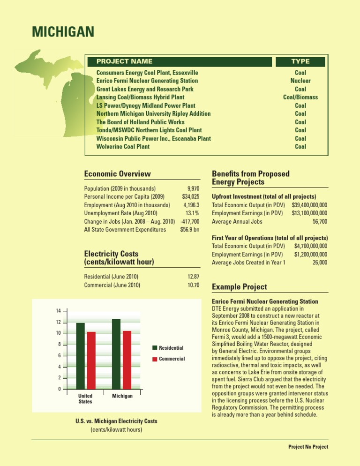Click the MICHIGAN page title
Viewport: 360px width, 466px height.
(63, 32)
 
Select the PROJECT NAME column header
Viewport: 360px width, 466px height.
(124, 61)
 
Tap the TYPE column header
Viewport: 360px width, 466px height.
(300, 61)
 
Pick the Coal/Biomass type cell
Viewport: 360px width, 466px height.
(300, 97)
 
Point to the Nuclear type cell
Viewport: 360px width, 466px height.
(300, 81)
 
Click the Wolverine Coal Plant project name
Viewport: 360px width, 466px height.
(123, 147)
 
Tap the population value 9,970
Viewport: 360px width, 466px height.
(193, 189)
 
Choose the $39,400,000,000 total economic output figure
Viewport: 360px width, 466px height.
(309, 205)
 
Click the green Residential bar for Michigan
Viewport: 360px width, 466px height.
(116, 354)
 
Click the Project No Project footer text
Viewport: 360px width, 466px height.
(308, 447)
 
